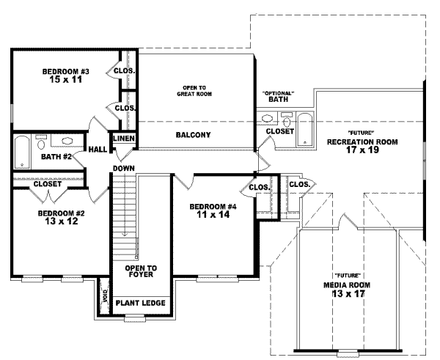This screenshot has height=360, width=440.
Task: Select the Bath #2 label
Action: pyautogui.click(x=56, y=156)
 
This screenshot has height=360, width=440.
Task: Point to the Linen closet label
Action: pyautogui.click(x=122, y=138)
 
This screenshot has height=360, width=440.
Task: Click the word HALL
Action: pyautogui.click(x=98, y=150)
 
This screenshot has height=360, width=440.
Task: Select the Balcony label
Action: pyautogui.click(x=194, y=135)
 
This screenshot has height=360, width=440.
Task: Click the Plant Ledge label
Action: pyautogui.click(x=140, y=303)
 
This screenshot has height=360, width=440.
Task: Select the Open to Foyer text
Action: pyautogui.click(x=140, y=272)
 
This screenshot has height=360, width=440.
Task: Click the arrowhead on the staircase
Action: pyautogui.click(x=125, y=234)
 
